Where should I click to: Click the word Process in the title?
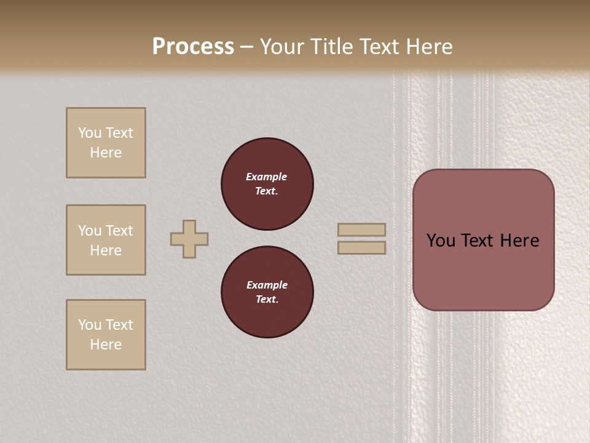click(x=193, y=47)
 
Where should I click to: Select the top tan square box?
click(x=106, y=143)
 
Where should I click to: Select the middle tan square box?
click(x=106, y=240)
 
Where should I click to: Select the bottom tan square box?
click(x=106, y=335)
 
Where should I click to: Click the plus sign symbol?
click(x=189, y=239)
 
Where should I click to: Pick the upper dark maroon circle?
click(x=267, y=184)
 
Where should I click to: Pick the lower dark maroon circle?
click(x=267, y=292)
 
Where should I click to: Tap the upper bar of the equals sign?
click(x=361, y=229)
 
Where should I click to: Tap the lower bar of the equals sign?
click(x=361, y=248)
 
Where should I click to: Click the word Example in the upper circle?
click(x=266, y=177)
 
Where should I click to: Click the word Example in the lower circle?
click(x=267, y=285)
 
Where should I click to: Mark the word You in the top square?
click(x=89, y=133)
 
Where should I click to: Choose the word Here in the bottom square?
click(x=106, y=345)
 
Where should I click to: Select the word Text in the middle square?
click(x=119, y=231)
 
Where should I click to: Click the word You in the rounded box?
click(x=441, y=241)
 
